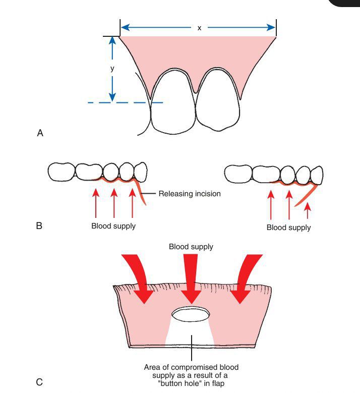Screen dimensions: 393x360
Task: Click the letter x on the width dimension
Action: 199,28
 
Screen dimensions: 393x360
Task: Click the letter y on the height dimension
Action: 112,69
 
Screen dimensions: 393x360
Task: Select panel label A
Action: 40,133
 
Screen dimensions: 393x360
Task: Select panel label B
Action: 39,226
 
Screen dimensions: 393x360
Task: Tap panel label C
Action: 39,382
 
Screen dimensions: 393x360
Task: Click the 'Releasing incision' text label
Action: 190,194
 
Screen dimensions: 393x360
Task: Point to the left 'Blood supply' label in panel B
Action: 113,226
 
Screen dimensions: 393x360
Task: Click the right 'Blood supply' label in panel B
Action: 289,228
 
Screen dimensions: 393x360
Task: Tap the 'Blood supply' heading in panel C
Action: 191,247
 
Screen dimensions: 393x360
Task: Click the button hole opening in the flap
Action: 191,314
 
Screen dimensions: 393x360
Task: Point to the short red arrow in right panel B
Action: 308,210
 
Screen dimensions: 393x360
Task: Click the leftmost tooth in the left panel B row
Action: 61,171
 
